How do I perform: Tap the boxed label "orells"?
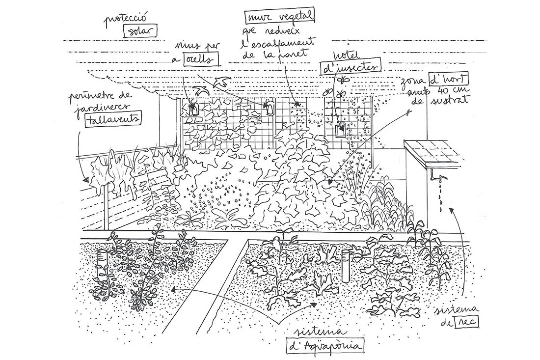(200, 61)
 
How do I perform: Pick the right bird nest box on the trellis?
(269, 108)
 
